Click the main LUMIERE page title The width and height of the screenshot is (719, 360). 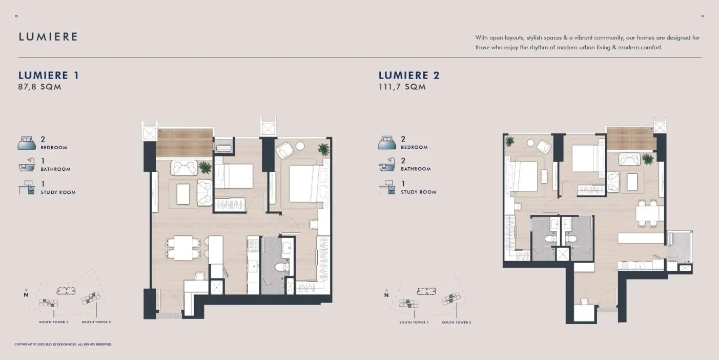48,36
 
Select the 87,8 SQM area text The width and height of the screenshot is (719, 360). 39,87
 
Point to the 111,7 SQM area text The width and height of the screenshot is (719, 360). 402,87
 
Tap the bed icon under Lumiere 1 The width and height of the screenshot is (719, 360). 27,143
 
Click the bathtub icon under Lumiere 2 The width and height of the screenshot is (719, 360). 387,165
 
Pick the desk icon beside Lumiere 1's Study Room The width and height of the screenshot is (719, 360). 27,187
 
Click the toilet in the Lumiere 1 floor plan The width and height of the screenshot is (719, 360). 282,267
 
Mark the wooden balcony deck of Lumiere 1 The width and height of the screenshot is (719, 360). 184,143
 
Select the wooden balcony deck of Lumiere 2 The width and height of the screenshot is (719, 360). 630,138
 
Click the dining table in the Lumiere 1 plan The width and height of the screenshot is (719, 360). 183,248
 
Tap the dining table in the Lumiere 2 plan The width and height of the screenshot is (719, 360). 650,213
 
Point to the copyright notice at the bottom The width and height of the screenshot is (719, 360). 63,344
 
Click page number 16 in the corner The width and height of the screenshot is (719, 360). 702,16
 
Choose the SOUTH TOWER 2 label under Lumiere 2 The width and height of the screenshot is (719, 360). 457,322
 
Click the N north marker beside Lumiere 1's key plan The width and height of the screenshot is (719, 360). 26,294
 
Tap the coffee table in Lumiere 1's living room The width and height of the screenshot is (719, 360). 183,194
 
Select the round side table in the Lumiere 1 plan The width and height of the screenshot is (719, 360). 300,146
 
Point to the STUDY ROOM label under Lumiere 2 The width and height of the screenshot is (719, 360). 419,192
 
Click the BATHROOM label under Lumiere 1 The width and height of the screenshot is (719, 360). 55,169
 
